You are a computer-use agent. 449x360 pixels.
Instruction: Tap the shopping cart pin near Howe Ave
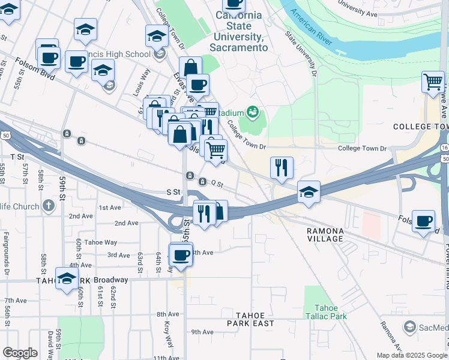click(433, 82)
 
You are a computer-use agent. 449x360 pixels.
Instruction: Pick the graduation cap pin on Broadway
click(67, 278)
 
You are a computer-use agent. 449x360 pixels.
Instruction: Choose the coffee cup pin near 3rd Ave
click(180, 256)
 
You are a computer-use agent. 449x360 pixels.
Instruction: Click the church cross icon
click(49, 205)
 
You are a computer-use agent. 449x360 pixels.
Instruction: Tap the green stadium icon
click(253, 112)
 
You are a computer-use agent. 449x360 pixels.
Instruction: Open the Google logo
click(20, 353)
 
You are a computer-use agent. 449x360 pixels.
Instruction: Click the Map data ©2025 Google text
click(412, 355)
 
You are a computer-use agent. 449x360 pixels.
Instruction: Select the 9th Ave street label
click(202, 332)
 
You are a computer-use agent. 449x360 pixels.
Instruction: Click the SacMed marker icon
click(409, 327)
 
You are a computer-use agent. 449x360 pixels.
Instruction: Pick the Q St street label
click(216, 183)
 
